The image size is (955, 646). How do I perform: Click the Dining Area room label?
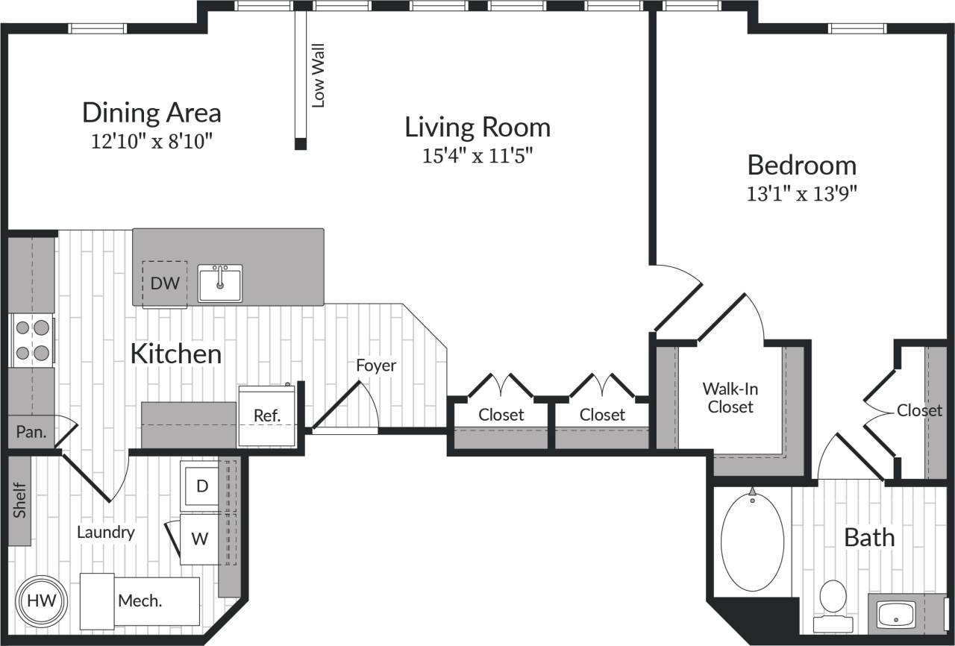151,113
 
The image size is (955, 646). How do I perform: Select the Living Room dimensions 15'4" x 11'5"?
477,156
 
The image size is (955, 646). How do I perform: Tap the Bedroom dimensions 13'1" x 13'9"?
802,194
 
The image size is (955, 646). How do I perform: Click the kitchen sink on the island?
220,283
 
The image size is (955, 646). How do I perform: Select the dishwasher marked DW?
165,283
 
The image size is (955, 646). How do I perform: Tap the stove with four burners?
33,339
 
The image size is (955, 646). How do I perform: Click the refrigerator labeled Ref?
266,416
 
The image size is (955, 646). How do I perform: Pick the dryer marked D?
201,486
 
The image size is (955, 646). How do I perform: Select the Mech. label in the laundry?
140,600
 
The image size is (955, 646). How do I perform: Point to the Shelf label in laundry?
19,501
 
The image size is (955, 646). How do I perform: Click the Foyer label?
376,366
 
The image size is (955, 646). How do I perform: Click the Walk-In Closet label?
730,398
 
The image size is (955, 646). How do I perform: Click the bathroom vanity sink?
896,615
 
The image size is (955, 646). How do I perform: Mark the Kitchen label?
176,354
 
